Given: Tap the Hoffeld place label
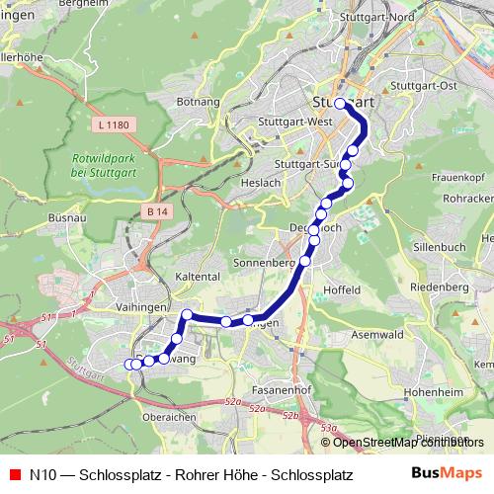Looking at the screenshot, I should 342,290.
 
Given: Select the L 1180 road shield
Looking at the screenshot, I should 117,126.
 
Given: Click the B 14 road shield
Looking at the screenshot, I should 153,212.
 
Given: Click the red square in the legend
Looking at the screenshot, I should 14,473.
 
